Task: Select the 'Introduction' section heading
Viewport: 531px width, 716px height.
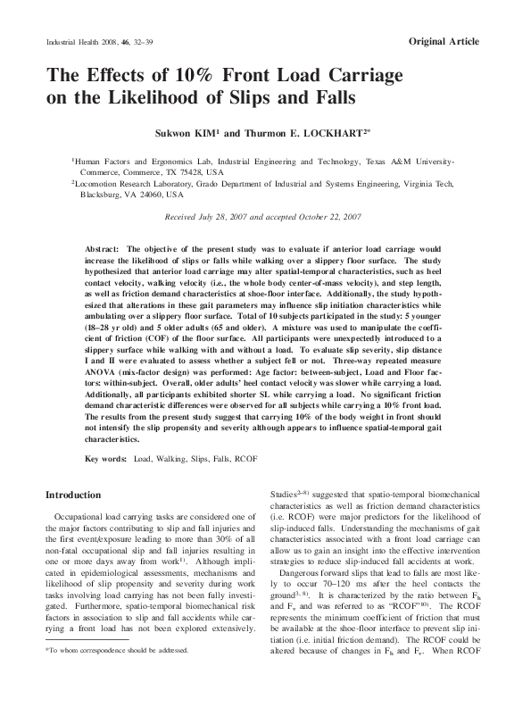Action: (x=73, y=494)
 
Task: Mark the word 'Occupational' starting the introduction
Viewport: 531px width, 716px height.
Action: (x=83, y=515)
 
